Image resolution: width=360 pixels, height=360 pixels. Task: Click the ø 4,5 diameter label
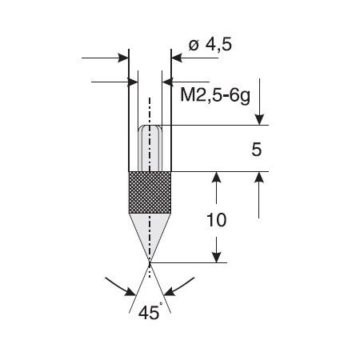210,45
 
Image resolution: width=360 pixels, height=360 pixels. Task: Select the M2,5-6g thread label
215,95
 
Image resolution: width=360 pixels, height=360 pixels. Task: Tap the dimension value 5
257,150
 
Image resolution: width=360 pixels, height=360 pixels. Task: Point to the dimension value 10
217,220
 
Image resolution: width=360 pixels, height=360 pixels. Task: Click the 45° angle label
150,312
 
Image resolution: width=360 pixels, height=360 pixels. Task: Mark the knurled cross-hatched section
150,193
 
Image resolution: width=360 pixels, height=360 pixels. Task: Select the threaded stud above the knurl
150,148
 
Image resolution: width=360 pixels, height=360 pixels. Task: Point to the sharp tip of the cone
150,263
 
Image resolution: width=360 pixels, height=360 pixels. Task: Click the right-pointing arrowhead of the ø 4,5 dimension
124,58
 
